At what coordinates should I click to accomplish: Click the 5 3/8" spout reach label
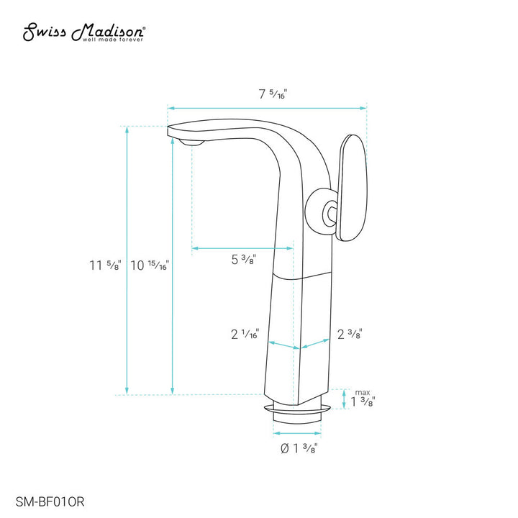[x=244, y=260]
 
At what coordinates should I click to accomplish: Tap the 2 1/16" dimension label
[x=245, y=335]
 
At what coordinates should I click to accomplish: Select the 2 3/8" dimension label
[x=349, y=334]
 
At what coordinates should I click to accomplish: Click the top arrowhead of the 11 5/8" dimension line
[x=128, y=129]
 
